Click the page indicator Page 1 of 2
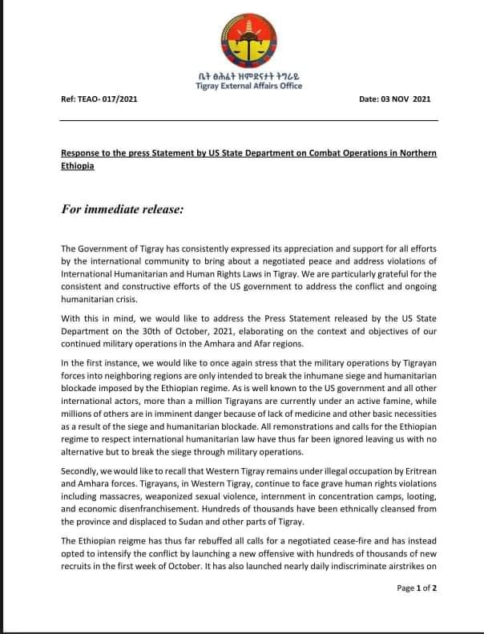point(417,610)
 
